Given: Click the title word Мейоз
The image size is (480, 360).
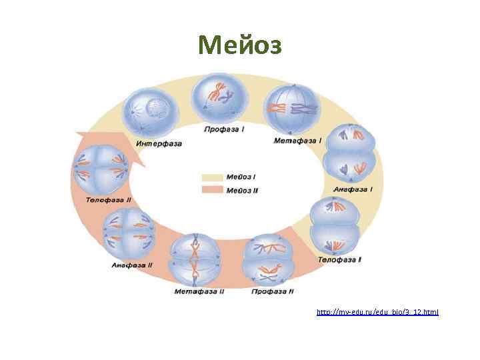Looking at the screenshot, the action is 240,45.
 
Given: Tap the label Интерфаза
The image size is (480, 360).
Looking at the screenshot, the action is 158,143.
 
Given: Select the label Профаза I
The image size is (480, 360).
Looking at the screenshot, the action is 225,128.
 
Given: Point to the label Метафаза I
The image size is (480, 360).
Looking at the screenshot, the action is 298,141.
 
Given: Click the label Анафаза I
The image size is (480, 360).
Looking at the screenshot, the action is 353,189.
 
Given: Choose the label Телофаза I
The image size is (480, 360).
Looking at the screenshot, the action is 340,259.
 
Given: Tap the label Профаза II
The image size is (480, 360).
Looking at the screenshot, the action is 273,291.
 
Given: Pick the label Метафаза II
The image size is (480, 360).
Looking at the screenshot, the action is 199,291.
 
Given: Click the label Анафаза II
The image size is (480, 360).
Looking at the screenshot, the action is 132,265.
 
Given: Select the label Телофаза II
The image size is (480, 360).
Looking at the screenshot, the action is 109,199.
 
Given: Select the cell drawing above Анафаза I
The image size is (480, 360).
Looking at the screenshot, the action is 351,152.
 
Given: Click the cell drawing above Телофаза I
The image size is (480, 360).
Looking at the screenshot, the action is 335,227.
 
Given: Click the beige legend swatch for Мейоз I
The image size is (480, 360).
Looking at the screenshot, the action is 213,177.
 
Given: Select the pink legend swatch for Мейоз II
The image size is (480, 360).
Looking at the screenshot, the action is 213,190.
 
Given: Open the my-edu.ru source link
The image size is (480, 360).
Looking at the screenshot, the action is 377,312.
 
